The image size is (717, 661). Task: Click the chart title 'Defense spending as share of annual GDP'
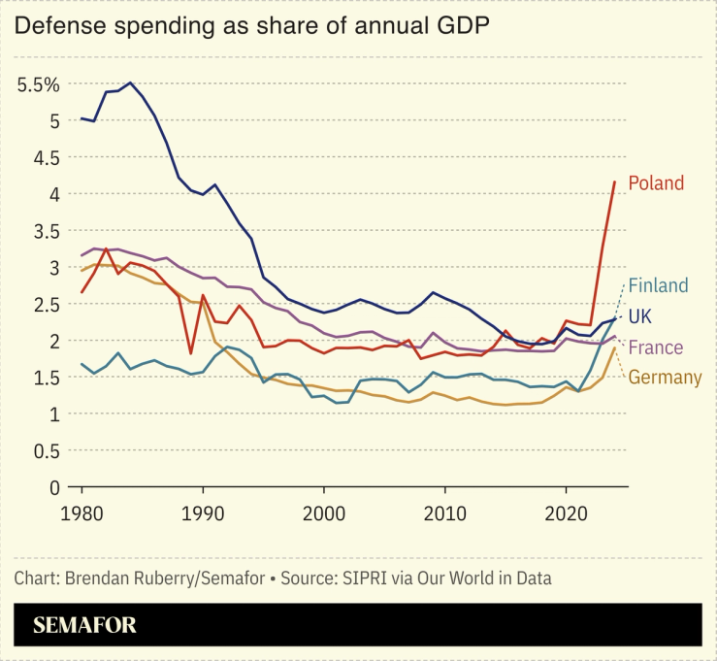click(x=250, y=26)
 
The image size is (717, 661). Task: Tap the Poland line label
click(x=656, y=182)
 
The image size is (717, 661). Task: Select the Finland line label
click(x=658, y=285)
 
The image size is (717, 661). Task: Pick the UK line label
click(x=641, y=316)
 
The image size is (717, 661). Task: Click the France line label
click(x=656, y=347)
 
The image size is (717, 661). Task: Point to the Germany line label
click(x=665, y=378)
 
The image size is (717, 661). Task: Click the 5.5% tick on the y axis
click(x=39, y=84)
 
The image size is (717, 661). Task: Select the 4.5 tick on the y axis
click(x=47, y=157)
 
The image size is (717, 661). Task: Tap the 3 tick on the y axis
click(x=54, y=267)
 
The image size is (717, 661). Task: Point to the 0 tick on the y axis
click(x=54, y=487)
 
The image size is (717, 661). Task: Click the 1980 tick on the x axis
click(x=81, y=512)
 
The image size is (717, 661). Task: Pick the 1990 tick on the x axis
click(x=203, y=512)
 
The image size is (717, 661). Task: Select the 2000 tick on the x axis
click(x=324, y=512)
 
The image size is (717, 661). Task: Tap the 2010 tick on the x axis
click(x=445, y=512)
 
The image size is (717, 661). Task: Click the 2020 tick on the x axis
click(x=567, y=512)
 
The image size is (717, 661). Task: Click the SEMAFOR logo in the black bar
click(x=85, y=625)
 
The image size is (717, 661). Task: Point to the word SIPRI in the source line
click(x=360, y=578)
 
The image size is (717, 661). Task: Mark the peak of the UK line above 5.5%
click(x=131, y=83)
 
